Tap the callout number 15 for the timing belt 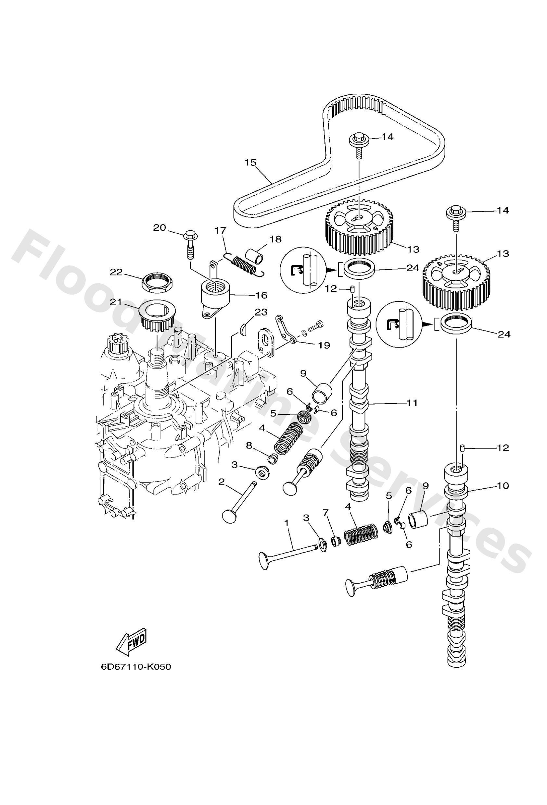250,162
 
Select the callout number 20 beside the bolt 160,227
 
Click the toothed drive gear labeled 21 157,316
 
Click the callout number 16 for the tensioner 261,295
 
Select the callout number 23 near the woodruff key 261,312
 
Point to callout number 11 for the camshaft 412,403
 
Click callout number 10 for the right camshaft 503,486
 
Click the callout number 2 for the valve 222,482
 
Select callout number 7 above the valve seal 325,513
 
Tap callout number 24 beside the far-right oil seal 504,334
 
